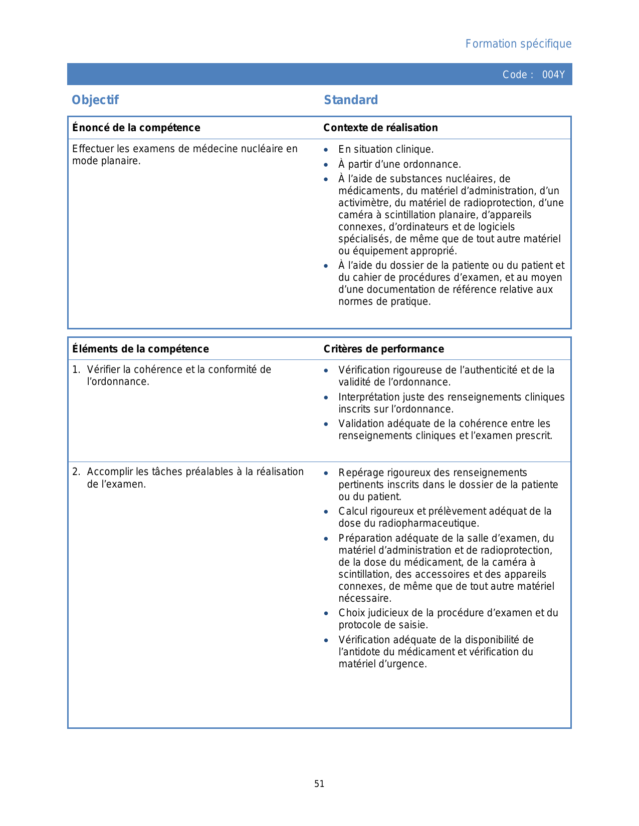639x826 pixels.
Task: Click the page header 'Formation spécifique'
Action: [x=518, y=44]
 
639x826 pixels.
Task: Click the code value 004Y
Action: [x=553, y=75]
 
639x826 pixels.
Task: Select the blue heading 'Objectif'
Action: [x=95, y=100]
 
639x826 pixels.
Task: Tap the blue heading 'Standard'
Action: [x=351, y=100]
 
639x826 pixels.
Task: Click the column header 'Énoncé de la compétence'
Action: [x=136, y=128]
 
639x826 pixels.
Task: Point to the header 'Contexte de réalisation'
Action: [x=380, y=128]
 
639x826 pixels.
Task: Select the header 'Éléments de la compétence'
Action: [x=140, y=349]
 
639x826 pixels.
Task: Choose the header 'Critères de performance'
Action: [x=383, y=349]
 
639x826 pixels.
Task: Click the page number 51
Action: [x=319, y=784]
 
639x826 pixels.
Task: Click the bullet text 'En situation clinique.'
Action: [x=386, y=149]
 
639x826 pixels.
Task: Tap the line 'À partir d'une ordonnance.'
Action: [x=399, y=164]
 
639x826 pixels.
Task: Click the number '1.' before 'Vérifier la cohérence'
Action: [x=76, y=369]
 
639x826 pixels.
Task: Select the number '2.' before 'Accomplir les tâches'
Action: [x=76, y=472]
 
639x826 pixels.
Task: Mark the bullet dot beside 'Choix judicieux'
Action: [x=326, y=613]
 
